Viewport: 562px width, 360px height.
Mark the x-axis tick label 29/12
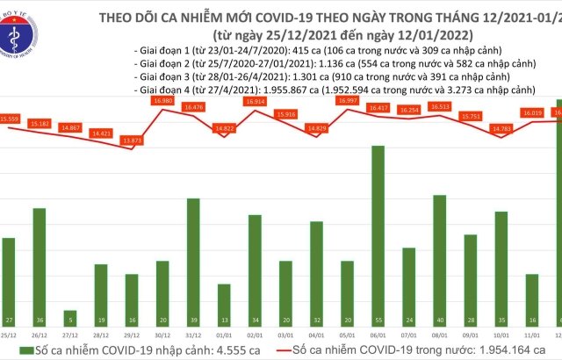(132, 335)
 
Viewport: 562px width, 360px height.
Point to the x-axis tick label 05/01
(348, 335)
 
